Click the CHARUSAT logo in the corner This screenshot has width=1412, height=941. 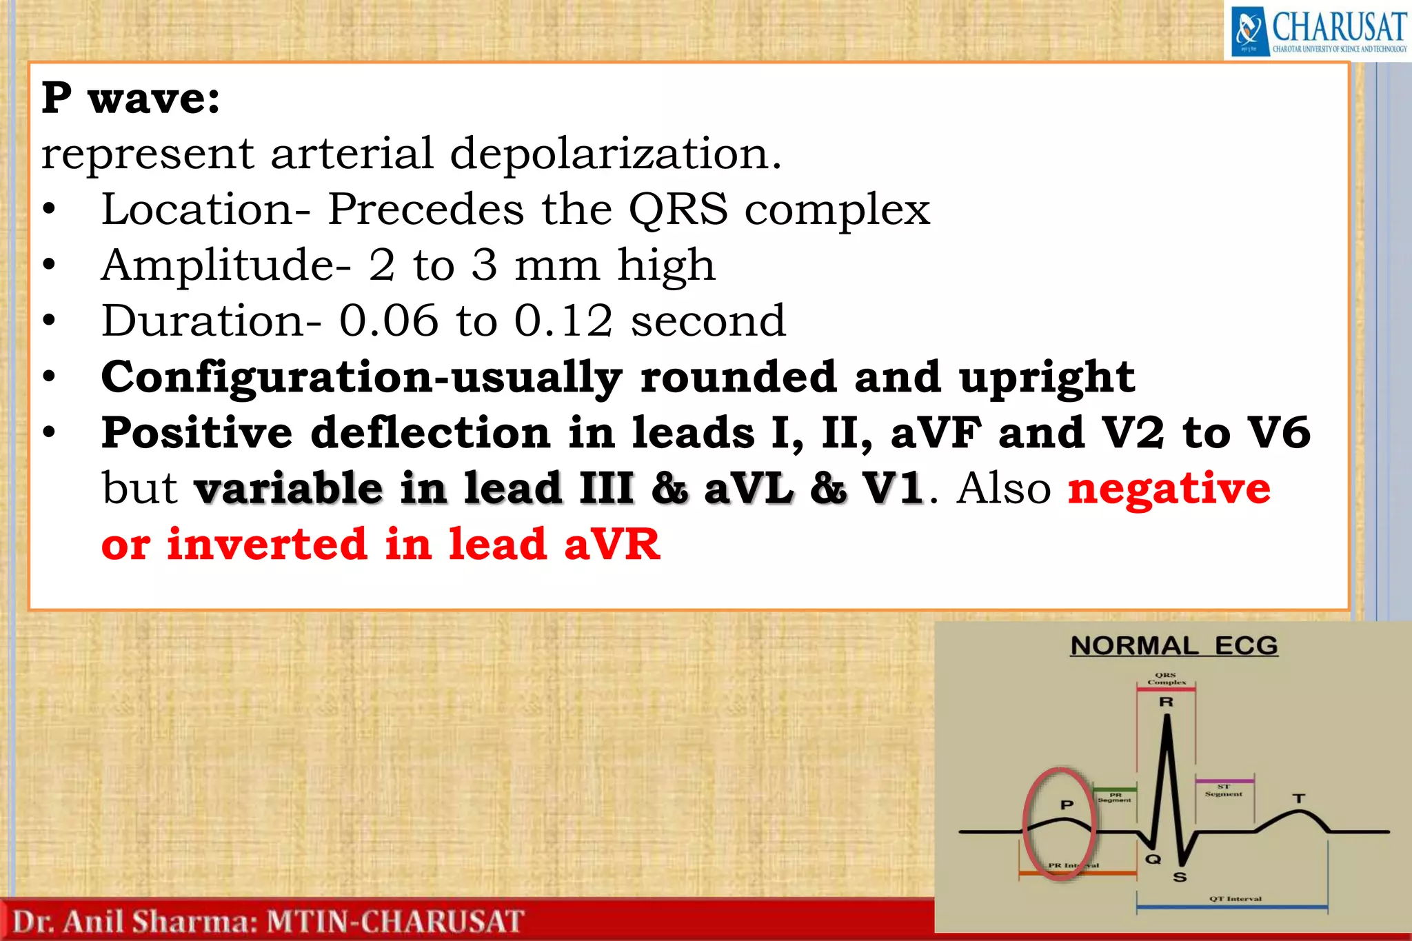coord(1318,30)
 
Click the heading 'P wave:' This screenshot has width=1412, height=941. coord(130,99)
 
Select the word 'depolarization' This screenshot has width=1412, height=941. coord(616,153)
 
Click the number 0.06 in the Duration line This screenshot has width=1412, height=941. coord(388,321)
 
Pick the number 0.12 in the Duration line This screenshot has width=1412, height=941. coord(563,321)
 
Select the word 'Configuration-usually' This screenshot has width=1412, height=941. coord(361,378)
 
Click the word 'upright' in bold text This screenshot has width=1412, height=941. coord(1047,378)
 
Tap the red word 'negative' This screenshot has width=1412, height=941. coord(1169,489)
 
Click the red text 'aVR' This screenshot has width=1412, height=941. coord(612,545)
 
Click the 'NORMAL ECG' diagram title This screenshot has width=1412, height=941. coord(1174,646)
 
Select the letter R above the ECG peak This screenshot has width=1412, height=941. coord(1166,702)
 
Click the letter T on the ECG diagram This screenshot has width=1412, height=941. coord(1299,798)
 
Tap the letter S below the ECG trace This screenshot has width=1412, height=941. coord(1180,878)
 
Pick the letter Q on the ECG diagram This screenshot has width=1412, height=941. coord(1153,859)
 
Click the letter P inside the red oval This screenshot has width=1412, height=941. coord(1067,805)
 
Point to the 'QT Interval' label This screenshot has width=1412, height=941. coord(1235,899)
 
